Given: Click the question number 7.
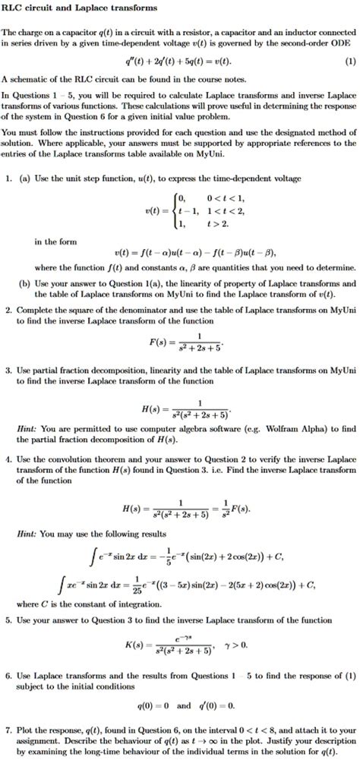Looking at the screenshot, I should tap(8, 730).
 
